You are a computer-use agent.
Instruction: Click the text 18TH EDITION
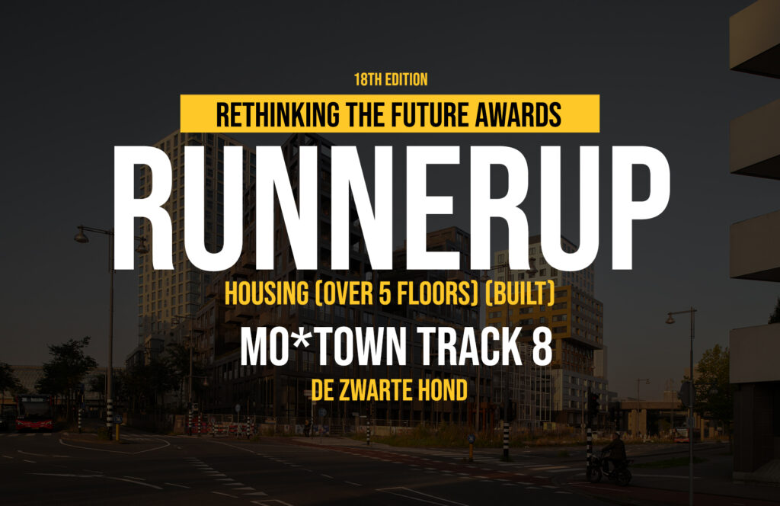coord(391,79)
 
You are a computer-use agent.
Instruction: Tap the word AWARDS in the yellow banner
coord(518,114)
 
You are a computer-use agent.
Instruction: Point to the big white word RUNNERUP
coord(392,209)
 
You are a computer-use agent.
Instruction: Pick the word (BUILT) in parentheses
coord(519,293)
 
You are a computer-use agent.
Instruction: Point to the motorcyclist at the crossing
coord(610,460)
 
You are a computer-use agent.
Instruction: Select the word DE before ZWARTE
coord(322,390)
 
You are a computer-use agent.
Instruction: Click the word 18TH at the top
coord(366,79)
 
